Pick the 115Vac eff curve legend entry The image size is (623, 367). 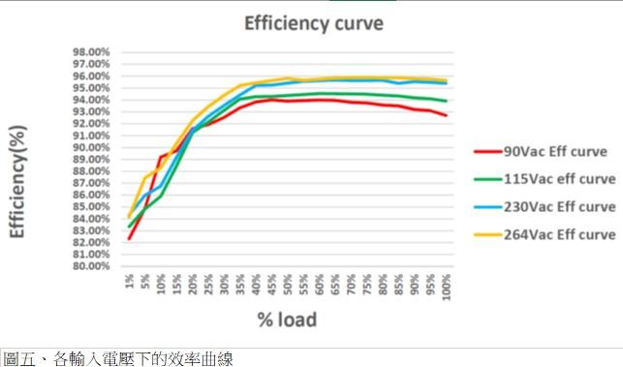pos(557,178)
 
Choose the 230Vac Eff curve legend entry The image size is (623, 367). pos(557,206)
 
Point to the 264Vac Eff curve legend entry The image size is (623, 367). pos(557,234)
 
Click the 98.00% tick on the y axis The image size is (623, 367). pos(95,52)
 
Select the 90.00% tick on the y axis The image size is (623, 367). pos(95,147)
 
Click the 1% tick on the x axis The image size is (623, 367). pos(129,281)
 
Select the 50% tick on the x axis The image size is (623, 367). pos(288,284)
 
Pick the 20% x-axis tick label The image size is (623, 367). pos(193,284)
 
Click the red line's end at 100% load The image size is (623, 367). pos(447,116)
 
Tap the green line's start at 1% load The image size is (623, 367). pos(129,228)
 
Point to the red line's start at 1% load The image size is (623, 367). pos(129,238)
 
